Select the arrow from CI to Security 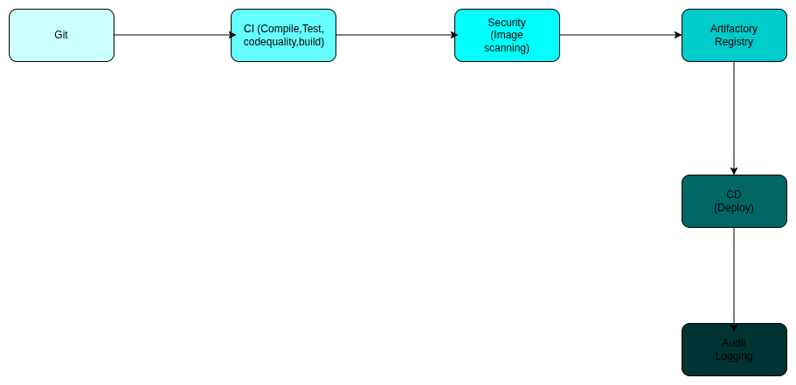[x=395, y=35]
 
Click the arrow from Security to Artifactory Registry [x=620, y=35]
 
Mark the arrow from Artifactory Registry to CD [x=734, y=118]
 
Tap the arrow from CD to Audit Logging [x=734, y=275]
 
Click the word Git [x=61, y=35]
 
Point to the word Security [x=507, y=23]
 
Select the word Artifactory [x=734, y=29]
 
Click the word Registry [x=734, y=42]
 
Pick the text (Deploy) [x=734, y=208]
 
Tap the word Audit [x=734, y=343]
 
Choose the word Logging [x=734, y=356]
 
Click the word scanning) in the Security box [x=507, y=48]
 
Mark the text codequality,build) [x=283, y=42]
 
